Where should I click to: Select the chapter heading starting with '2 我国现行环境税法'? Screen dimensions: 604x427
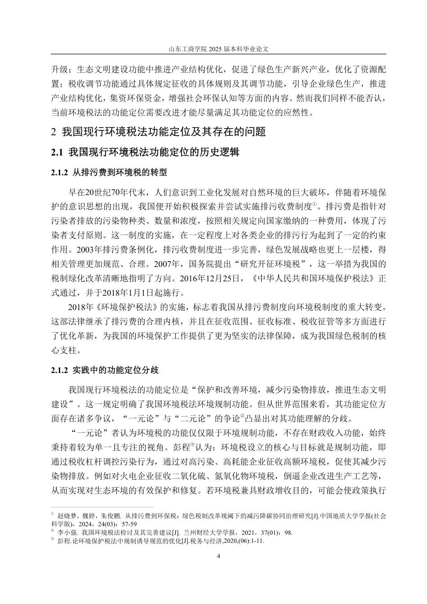click(x=159, y=132)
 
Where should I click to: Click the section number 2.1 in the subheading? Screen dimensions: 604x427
click(x=57, y=153)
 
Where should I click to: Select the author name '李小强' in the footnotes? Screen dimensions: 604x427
click(x=66, y=533)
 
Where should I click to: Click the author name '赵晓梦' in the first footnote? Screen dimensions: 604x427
click(x=66, y=516)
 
